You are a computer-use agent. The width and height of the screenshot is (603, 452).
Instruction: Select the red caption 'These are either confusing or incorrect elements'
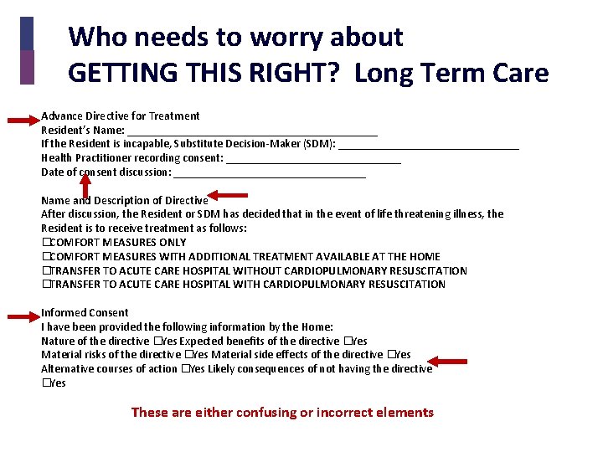point(282,412)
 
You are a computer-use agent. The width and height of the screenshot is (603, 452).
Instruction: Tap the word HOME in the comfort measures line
point(425,257)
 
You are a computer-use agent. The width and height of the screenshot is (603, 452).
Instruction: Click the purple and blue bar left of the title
point(27,50)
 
